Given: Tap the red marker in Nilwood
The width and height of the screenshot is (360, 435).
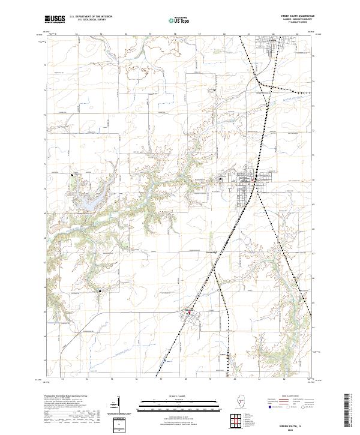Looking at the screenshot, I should tap(191, 313).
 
